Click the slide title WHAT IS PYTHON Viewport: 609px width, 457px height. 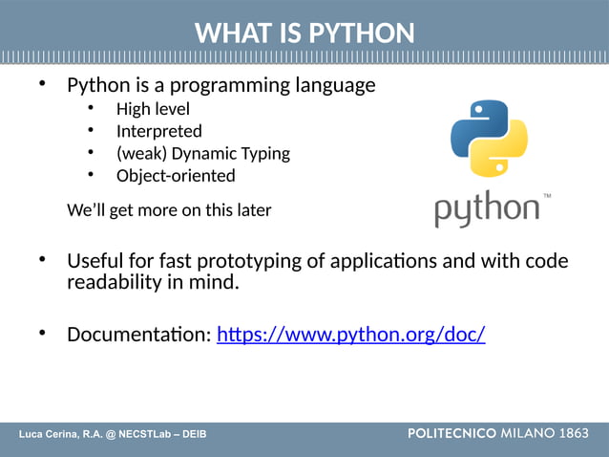click(304, 33)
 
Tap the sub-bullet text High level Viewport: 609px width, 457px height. click(153, 109)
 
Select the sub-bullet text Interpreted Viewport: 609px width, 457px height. click(158, 131)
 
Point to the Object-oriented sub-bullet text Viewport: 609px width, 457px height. click(176, 175)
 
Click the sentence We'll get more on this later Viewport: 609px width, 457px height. click(169, 210)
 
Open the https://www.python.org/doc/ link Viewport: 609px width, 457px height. click(351, 335)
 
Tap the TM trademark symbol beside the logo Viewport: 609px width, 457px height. click(547, 195)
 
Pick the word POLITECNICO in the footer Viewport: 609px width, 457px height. click(451, 434)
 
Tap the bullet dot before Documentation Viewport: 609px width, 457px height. click(42, 333)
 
